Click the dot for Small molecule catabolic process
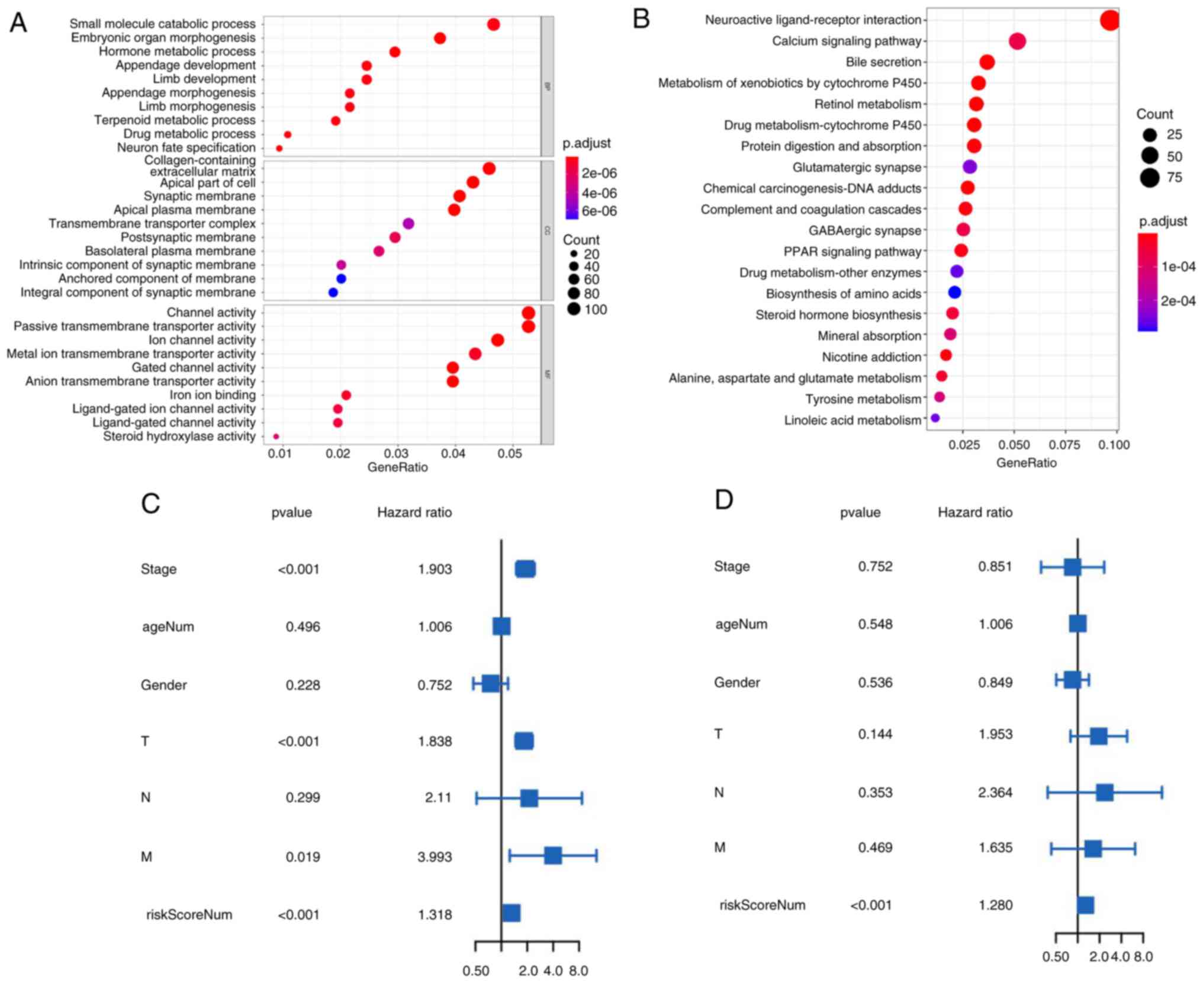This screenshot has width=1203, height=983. [493, 24]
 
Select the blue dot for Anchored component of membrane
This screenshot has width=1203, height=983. [341, 279]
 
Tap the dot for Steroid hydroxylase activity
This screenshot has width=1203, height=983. [276, 436]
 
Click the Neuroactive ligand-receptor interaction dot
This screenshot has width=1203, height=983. [1110, 20]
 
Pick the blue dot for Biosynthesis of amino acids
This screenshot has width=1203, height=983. [954, 293]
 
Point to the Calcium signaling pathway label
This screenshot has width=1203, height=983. [847, 41]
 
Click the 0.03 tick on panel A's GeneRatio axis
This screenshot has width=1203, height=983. [396, 454]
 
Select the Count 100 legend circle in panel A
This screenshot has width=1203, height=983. [573, 309]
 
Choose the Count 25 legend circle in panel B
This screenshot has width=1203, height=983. [1150, 135]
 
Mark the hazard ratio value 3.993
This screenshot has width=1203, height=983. [435, 857]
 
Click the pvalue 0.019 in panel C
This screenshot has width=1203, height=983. [303, 857]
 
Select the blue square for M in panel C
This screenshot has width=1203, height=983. [552, 855]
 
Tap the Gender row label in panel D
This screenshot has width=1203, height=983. [736, 682]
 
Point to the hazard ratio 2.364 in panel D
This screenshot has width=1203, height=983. [995, 792]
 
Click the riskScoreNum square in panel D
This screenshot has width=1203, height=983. [1085, 905]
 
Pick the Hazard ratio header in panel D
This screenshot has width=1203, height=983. [974, 512]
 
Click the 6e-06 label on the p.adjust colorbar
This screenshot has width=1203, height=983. [599, 211]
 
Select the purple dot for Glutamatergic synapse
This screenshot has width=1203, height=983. [970, 167]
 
